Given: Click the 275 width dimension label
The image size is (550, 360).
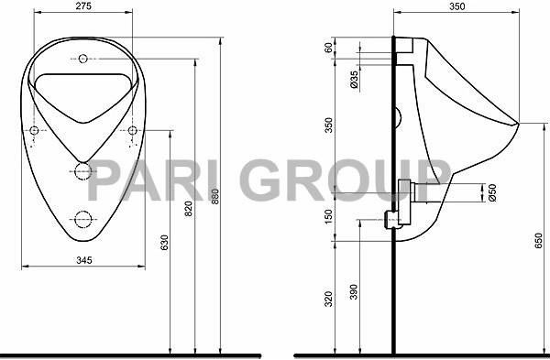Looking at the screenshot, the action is [83, 6].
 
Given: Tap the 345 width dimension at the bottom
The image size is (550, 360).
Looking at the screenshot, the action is [84, 260].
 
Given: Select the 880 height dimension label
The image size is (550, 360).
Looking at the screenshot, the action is [215, 197].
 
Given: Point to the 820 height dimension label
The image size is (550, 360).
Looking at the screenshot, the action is [189, 208].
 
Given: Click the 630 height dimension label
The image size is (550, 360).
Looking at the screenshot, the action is [164, 243].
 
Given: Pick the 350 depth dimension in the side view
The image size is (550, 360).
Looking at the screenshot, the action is [457, 6].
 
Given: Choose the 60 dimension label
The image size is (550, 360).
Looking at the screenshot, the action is [328, 48].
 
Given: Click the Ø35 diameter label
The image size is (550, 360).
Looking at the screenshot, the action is [355, 80].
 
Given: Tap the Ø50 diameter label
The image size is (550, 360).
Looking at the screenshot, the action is [492, 192].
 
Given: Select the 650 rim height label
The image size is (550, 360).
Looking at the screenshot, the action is [538, 241].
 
